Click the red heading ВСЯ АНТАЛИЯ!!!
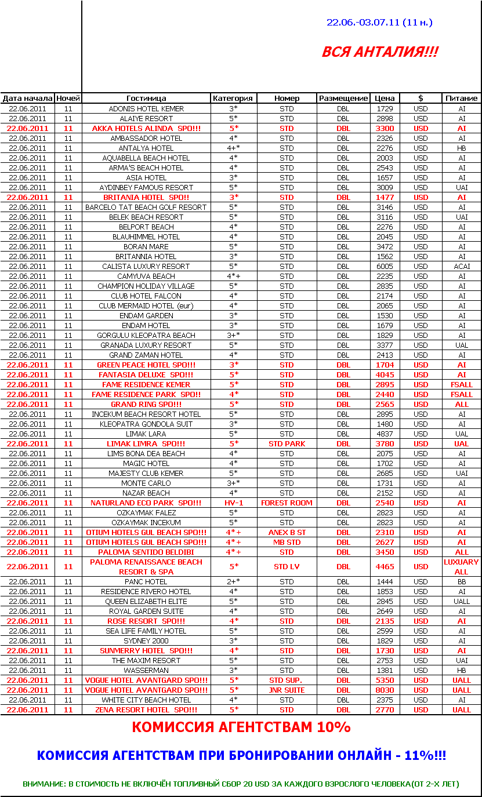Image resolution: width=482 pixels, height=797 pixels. click(x=380, y=52)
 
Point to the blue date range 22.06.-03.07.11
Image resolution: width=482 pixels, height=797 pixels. click(x=379, y=23)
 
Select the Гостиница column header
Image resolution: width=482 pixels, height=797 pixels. click(x=146, y=99)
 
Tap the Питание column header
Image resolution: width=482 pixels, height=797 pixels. click(x=462, y=99)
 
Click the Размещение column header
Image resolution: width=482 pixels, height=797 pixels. click(x=343, y=99)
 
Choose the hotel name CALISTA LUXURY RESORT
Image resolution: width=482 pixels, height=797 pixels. click(x=146, y=266)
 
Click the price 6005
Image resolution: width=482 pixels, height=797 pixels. click(x=385, y=266)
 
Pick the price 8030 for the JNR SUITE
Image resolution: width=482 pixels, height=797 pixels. click(x=385, y=690)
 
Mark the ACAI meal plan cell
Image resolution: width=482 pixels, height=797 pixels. click(x=462, y=266)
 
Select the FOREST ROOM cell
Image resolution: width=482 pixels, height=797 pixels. click(x=287, y=503)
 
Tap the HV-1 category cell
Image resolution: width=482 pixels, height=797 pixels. click(x=234, y=503)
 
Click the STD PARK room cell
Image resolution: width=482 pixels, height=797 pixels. click(x=287, y=443)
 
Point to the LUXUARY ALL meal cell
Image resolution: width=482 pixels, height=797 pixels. click(x=462, y=566)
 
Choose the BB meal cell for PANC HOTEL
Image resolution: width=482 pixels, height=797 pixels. click(x=462, y=581)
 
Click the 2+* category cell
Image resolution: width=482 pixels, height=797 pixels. click(x=234, y=581)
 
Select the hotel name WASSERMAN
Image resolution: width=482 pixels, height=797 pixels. click(x=146, y=670)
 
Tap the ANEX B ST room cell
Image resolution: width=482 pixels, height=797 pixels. click(x=287, y=532)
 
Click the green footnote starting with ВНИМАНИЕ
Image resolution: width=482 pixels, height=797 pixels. click(x=241, y=784)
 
